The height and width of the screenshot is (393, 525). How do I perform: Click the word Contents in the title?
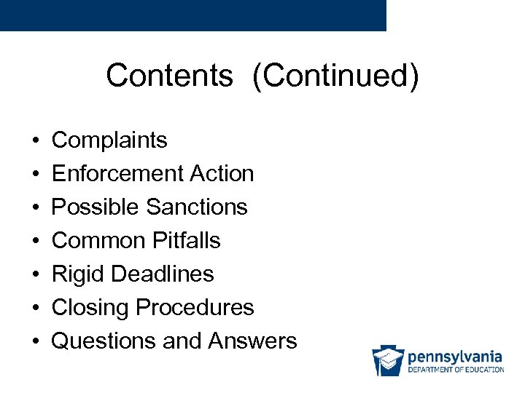click(169, 76)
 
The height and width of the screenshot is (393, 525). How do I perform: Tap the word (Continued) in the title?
click(335, 76)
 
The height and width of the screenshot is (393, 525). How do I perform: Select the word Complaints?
click(109, 140)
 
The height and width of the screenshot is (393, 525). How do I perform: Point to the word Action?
click(222, 173)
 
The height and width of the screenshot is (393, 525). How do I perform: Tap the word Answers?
click(252, 341)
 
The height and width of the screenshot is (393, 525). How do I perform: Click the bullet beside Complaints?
click(35, 140)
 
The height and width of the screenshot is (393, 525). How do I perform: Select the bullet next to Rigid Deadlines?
click(35, 274)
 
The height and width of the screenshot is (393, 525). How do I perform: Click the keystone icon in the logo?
click(388, 360)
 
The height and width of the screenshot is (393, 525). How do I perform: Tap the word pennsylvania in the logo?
click(455, 357)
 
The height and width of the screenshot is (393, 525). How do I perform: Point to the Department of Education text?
click(456, 370)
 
